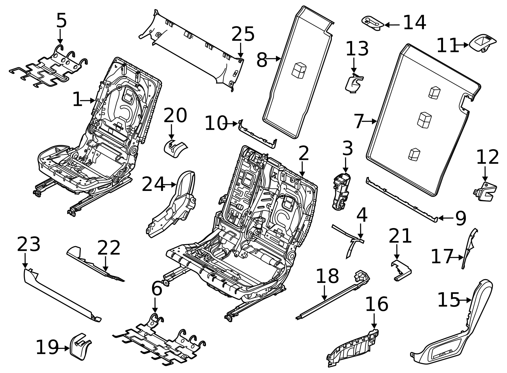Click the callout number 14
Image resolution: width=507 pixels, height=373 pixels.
pos(414,23)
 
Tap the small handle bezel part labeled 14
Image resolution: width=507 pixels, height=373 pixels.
pos(373,23)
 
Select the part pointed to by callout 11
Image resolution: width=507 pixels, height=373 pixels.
pos(482,43)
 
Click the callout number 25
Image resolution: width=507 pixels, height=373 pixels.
pos(243,34)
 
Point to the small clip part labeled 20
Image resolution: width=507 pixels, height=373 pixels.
pos(175,149)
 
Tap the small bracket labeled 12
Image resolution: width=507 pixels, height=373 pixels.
pos(485,191)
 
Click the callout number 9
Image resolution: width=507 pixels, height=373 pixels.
pos(460,218)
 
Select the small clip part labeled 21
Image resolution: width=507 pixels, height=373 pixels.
pos(401,270)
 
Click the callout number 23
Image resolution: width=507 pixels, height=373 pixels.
pos(29,245)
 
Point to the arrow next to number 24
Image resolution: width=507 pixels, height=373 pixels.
pos(170,184)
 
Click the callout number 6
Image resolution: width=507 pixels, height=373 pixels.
pos(157,289)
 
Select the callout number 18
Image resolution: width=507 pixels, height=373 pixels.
pos(327,276)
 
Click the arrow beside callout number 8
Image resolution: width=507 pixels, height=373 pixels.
pos(274,59)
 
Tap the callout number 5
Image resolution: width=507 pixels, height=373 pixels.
pos(61,21)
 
